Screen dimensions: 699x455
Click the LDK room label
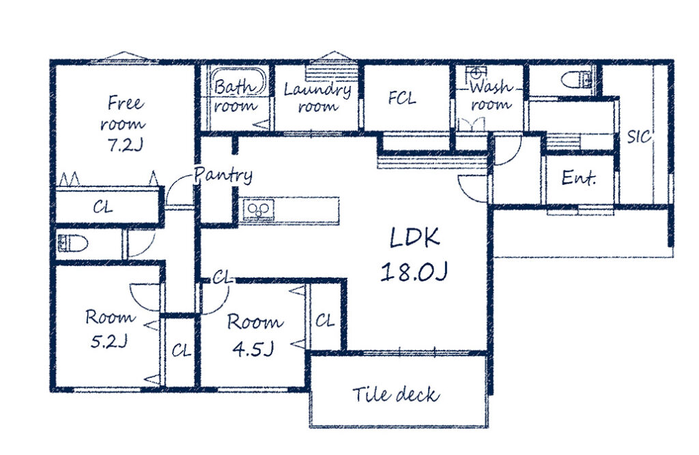click(414, 238)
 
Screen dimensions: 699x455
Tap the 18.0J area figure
click(414, 271)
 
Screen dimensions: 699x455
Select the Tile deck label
click(395, 394)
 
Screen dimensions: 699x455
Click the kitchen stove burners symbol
click(259, 210)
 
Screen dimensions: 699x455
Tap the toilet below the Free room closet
click(72, 244)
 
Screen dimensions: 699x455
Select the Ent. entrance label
click(579, 178)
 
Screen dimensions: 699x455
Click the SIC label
click(639, 136)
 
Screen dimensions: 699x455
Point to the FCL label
click(401, 98)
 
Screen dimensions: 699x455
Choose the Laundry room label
click(317, 97)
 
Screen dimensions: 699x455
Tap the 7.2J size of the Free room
click(125, 145)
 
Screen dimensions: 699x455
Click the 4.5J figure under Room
click(253, 349)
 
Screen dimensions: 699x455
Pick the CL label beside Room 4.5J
click(324, 321)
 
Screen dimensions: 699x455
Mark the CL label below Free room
click(103, 207)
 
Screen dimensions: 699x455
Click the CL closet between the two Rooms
click(181, 351)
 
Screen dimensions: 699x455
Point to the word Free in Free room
click(126, 104)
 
